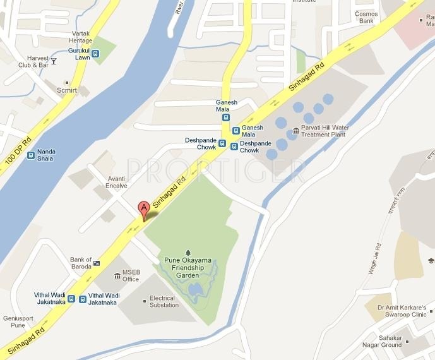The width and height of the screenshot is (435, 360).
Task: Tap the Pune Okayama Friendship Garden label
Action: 188,267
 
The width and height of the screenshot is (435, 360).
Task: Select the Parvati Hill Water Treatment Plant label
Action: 326,131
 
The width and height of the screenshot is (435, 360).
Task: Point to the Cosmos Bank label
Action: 366,17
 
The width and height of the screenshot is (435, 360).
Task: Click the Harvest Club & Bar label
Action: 33,61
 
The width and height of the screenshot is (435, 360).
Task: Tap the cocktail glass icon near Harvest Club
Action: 54,61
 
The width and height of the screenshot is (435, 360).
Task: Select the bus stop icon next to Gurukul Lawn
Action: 96,54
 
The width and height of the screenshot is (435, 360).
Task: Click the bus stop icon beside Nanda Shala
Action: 30,154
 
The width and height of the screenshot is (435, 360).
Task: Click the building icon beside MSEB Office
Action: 116,276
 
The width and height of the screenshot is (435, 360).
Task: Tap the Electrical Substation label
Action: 164,302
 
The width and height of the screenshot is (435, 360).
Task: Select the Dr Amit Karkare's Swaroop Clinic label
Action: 402,311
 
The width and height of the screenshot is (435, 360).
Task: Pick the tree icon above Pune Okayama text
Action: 188,252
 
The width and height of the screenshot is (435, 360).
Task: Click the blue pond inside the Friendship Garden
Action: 195,289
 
